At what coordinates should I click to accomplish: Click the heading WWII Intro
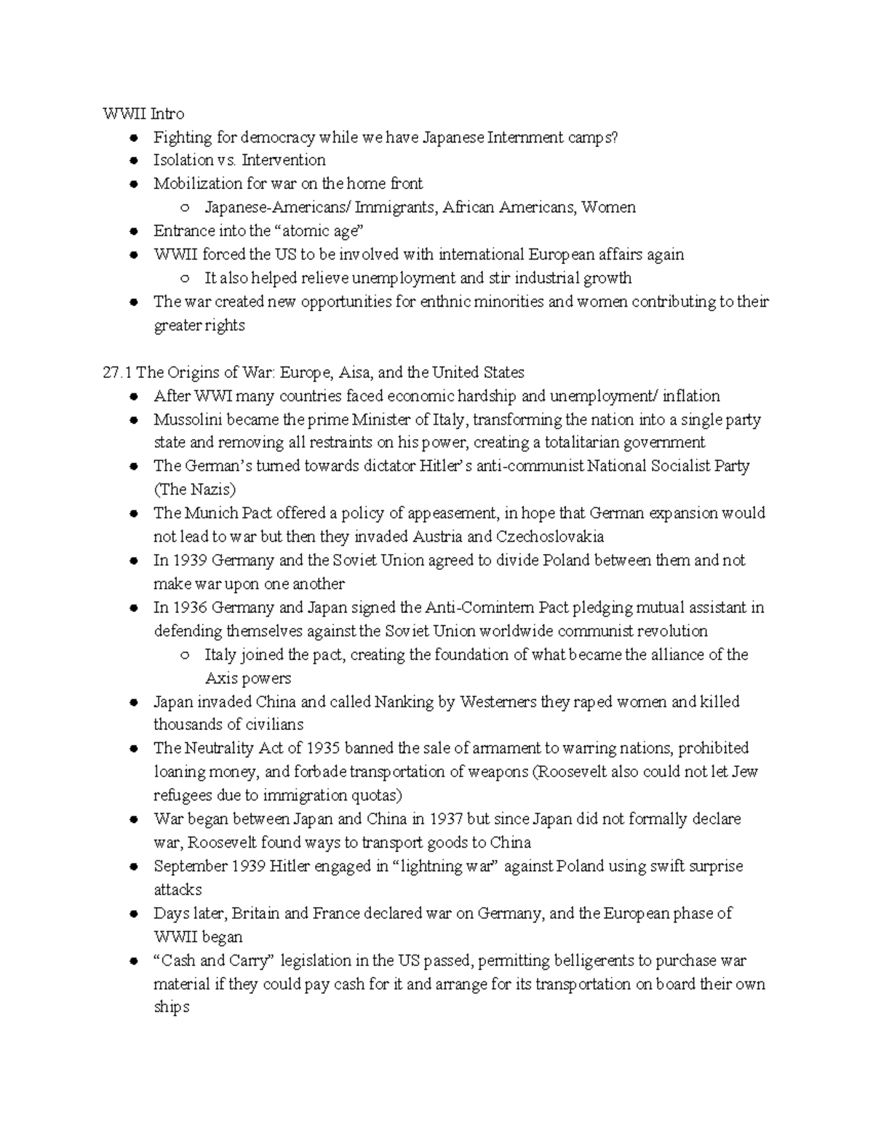[x=143, y=113]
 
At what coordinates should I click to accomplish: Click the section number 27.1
[x=116, y=372]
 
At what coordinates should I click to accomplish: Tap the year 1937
[x=446, y=819]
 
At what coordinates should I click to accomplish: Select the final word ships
[x=171, y=1008]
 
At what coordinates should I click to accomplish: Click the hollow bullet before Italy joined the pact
[x=186, y=655]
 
